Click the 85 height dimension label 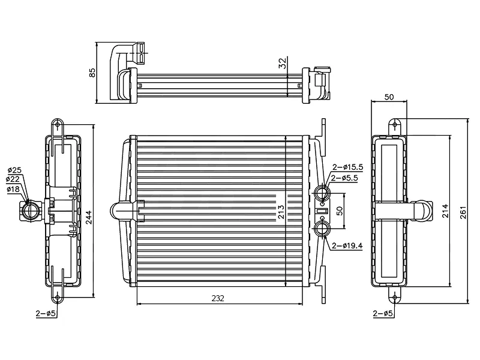[x=92, y=73]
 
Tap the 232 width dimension [x=218, y=299]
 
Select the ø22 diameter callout [x=13, y=179]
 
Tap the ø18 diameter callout [x=13, y=189]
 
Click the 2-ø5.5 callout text [x=347, y=178]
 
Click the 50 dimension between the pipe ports [x=340, y=211]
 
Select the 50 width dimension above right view [x=389, y=97]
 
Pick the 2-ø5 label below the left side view [x=46, y=313]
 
